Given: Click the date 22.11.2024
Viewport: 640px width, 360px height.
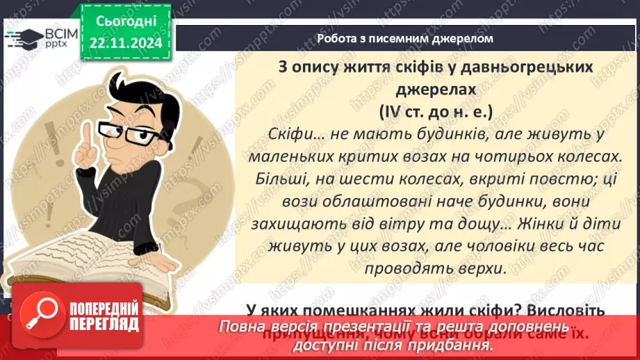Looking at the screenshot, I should click(127, 44).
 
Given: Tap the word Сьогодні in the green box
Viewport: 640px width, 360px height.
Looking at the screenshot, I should click(127, 23).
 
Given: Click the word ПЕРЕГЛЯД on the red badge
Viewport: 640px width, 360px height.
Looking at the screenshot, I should click(105, 325).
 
